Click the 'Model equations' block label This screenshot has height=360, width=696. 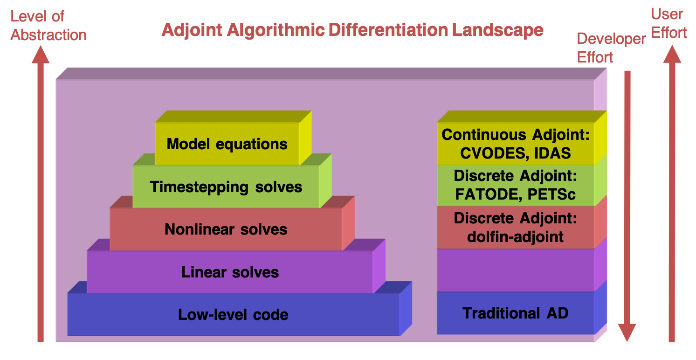tap(227, 144)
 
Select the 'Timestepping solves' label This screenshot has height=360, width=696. tap(226, 187)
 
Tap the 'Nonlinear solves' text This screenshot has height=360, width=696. tap(226, 229)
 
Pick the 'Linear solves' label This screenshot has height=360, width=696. tap(230, 272)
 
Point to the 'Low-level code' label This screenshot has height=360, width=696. tap(233, 315)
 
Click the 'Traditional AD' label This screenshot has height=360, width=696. tap(516, 313)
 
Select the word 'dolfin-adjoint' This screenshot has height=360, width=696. tap(515, 237)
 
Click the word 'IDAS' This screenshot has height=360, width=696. tap(552, 153)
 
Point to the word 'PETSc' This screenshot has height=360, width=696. tap(551, 194)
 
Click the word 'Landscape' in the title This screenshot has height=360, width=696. tap(497, 30)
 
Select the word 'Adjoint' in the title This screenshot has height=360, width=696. tap(192, 30)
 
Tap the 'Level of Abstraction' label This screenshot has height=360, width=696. tap(48, 26)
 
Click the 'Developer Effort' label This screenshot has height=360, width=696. tap(611, 48)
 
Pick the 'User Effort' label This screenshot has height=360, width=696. tap(668, 23)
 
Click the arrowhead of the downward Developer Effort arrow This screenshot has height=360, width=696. tap(627, 332)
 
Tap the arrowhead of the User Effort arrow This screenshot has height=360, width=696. tap(672, 55)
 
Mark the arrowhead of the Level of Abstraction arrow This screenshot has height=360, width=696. tap(41, 55)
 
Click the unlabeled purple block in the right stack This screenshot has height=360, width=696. tap(516, 270)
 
